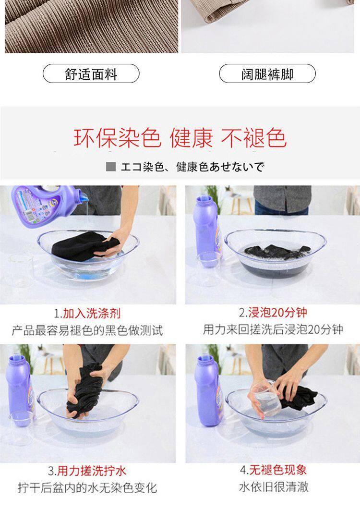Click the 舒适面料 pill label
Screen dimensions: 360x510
pyautogui.click(x=91, y=74)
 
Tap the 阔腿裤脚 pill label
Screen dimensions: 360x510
pyautogui.click(x=267, y=74)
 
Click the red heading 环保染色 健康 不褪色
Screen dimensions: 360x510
pyautogui.click(x=180, y=138)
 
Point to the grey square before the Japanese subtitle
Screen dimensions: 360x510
pyautogui.click(x=111, y=167)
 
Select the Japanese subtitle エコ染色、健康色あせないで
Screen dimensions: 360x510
pyautogui.click(x=192, y=167)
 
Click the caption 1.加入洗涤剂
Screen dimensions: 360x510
pyautogui.click(x=87, y=313)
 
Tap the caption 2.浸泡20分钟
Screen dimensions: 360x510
pyautogui.click(x=273, y=312)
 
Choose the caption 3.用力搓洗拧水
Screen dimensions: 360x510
pyautogui.click(x=87, y=471)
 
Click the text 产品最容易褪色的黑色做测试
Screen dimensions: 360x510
pyautogui.click(x=87, y=330)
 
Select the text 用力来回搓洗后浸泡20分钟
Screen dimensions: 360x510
pyautogui.click(x=273, y=329)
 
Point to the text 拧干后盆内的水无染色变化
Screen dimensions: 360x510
pyautogui.click(x=87, y=488)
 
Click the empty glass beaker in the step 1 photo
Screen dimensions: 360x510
pyautogui.click(x=22, y=270)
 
